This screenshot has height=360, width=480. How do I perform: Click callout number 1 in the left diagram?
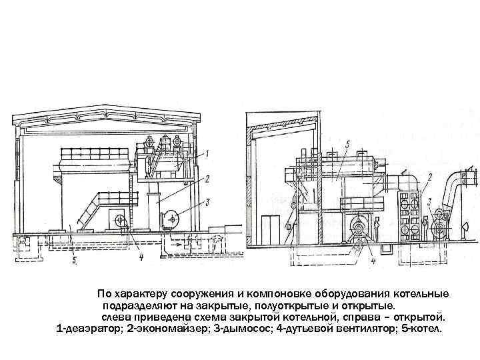(x=207, y=153)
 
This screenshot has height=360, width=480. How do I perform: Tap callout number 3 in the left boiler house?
(x=209, y=201)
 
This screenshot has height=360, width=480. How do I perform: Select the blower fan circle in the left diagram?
(x=119, y=221)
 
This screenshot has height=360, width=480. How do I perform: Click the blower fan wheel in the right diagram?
(x=361, y=229)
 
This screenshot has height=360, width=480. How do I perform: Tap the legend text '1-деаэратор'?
(x=91, y=329)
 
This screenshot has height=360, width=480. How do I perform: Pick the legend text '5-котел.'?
(x=418, y=329)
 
